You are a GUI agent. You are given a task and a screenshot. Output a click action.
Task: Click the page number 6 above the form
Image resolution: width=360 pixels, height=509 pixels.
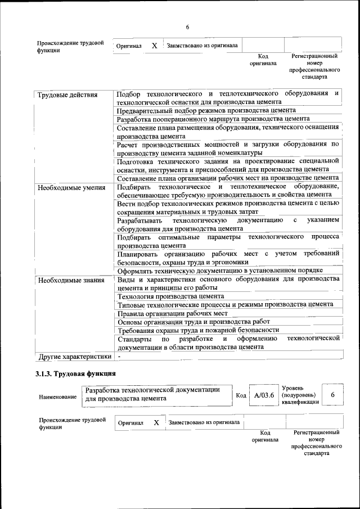click(x=187, y=28)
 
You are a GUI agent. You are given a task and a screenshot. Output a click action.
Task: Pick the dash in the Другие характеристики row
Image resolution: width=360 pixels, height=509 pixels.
click(x=119, y=357)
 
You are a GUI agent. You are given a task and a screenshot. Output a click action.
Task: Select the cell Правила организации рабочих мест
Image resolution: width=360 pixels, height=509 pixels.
click(x=172, y=313)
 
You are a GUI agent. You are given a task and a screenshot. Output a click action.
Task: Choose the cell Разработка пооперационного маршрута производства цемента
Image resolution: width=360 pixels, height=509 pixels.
click(x=213, y=119)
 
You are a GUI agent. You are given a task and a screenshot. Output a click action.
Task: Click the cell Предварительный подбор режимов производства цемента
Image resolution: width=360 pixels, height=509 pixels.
click(x=206, y=111)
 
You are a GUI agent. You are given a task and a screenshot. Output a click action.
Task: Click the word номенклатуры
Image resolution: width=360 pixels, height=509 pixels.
click(x=233, y=152)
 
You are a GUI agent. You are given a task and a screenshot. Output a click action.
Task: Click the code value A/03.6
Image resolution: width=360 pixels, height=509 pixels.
click(x=264, y=395)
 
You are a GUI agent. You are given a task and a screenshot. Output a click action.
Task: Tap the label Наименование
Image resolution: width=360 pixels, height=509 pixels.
click(x=58, y=397)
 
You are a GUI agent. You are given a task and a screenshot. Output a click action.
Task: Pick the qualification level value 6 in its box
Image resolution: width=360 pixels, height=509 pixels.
click(x=332, y=395)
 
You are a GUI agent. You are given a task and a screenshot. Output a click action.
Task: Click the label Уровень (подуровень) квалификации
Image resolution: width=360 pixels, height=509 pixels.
click(x=300, y=395)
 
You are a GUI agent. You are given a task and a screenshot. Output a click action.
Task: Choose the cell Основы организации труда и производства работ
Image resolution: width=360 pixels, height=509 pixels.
click(x=190, y=321)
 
